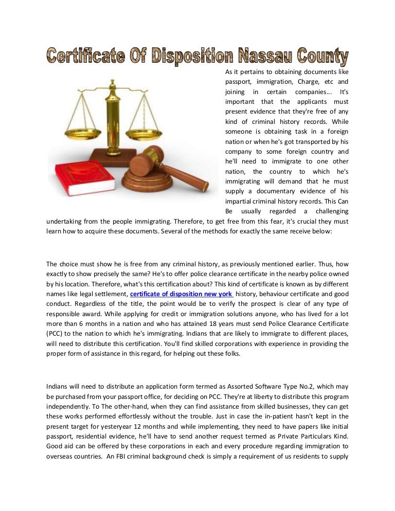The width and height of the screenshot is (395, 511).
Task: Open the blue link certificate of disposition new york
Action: tap(181, 294)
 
